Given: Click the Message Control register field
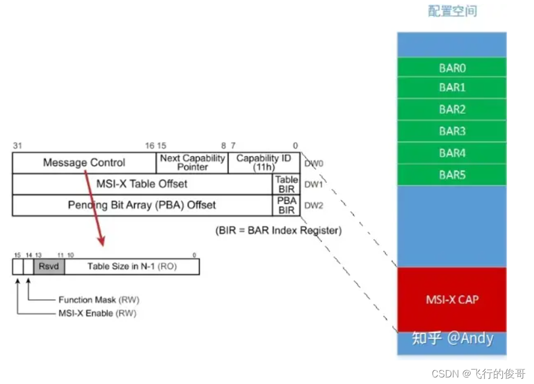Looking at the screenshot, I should [x=84, y=162].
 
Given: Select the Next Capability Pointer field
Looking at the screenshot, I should [x=192, y=162].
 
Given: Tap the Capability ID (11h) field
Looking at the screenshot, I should [x=264, y=162].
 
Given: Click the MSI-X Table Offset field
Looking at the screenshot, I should [x=142, y=184].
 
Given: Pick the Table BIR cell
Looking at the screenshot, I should [x=286, y=184].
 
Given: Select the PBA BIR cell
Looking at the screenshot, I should [x=286, y=205].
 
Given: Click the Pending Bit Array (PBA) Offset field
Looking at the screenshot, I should [x=142, y=205].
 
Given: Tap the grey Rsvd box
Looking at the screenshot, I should [x=49, y=266].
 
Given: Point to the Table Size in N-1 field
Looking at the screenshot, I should [x=131, y=266].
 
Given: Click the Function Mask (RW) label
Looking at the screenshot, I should [x=95, y=300].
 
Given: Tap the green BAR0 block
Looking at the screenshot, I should [x=452, y=68].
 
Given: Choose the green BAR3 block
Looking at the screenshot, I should [x=452, y=131].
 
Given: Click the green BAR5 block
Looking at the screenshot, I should [x=452, y=175].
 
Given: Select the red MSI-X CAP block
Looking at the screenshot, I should [x=452, y=299].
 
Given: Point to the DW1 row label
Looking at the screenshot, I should [x=313, y=184].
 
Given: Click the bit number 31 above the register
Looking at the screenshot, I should [x=17, y=146].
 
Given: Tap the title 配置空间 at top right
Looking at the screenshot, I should [x=452, y=11].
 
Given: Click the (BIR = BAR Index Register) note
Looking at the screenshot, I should [x=278, y=230].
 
